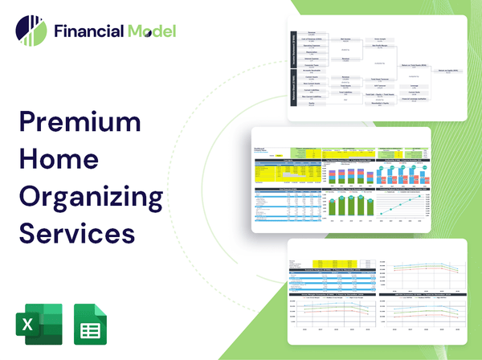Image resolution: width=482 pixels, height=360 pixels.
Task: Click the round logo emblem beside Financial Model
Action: (x=31, y=31)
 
